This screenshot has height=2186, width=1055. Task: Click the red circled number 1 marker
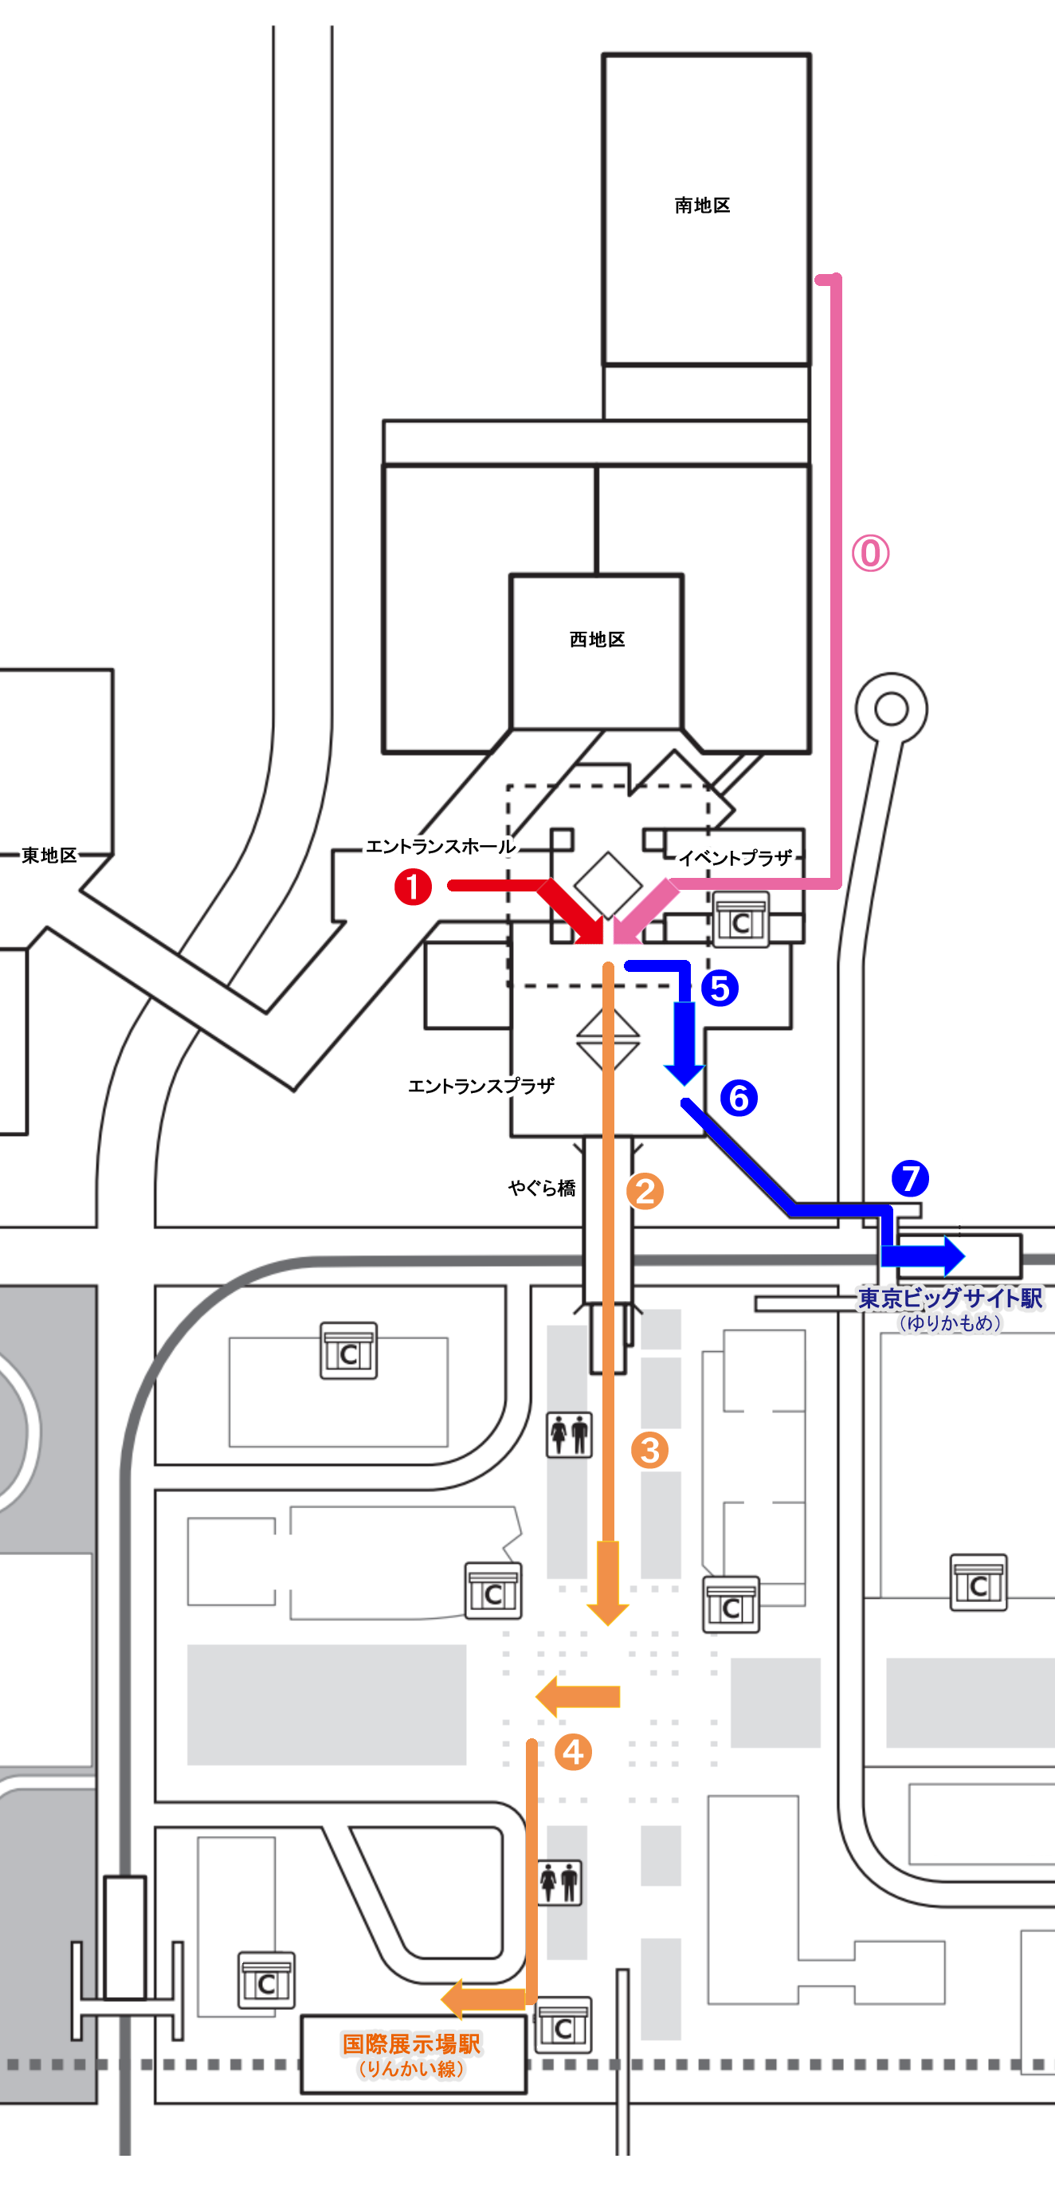(414, 887)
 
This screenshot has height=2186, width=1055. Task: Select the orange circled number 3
(649, 1450)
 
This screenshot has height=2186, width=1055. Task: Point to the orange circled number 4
(573, 1753)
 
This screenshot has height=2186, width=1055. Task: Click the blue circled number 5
(720, 989)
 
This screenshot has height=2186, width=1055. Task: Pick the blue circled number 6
(739, 1097)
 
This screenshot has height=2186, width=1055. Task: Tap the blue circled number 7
(910, 1178)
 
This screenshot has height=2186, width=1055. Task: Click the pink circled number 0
(871, 554)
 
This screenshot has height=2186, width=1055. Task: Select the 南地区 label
(702, 206)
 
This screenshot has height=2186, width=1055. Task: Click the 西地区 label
(597, 639)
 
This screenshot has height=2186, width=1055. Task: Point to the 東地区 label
(49, 855)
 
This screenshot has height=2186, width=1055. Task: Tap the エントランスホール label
(441, 846)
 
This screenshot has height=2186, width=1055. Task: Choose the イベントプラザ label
(735, 858)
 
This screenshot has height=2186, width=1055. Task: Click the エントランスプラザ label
(481, 1086)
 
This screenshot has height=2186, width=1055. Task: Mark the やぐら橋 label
(542, 1188)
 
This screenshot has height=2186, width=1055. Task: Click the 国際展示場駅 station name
(412, 2044)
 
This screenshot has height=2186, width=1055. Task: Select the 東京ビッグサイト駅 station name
(951, 1299)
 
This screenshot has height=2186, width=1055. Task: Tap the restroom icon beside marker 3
(570, 1434)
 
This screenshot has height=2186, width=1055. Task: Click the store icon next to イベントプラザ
(740, 921)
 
